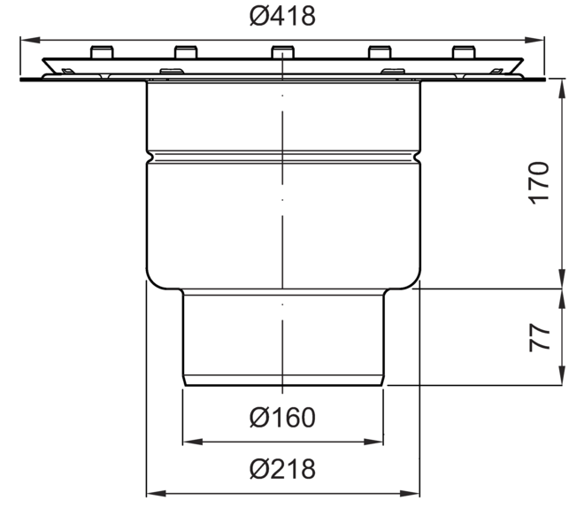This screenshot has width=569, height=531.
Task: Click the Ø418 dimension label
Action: tap(282, 16)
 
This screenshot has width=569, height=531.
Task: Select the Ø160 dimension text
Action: tap(282, 418)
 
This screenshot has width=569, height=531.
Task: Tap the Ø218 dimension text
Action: tap(282, 469)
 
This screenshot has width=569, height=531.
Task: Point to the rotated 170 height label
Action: tap(539, 183)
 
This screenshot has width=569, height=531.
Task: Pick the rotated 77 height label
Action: tap(539, 337)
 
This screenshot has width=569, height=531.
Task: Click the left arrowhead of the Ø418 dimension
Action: tap(30, 40)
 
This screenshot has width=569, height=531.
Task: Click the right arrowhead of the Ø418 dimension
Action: tap(534, 40)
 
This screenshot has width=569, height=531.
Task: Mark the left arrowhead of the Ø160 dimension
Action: tap(193, 442)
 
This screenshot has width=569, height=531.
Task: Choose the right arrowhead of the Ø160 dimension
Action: tap(373, 442)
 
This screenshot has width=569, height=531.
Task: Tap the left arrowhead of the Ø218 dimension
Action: tap(156, 493)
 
